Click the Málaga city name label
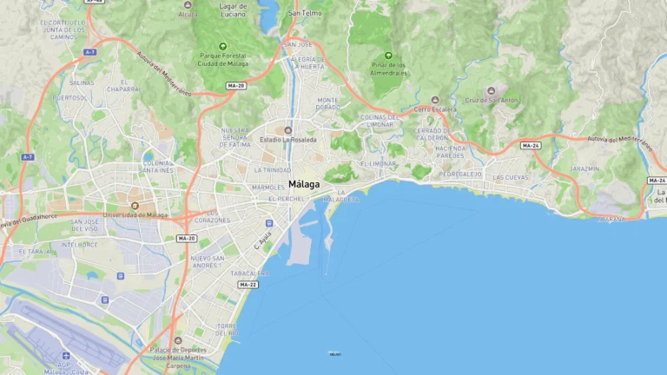(x=303, y=185)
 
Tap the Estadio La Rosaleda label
(x=288, y=139)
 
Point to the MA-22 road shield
(x=248, y=285)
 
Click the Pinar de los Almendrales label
(x=387, y=69)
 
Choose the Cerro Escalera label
(x=435, y=109)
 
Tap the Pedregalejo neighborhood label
(x=460, y=174)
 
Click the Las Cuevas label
(x=510, y=177)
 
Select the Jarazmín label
(x=584, y=168)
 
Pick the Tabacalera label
(x=249, y=273)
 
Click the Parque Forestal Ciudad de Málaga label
(x=223, y=59)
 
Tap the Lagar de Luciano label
(x=233, y=11)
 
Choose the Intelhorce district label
(x=79, y=245)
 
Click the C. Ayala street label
(x=263, y=240)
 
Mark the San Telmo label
(x=305, y=14)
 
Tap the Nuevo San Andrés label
(x=208, y=261)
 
